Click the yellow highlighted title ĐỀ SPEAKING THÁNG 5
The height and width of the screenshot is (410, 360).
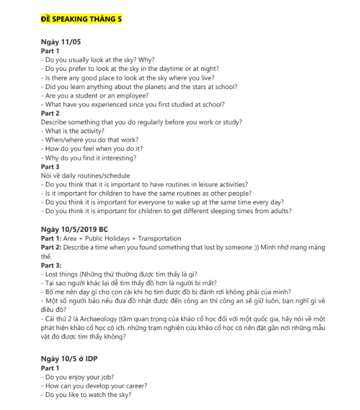[x=81, y=19]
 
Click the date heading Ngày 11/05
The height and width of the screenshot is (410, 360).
[x=61, y=43]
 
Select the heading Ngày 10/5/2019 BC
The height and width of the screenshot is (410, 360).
[x=74, y=229]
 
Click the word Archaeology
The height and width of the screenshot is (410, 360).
[x=95, y=318]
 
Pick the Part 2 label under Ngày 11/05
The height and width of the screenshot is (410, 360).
[x=50, y=113]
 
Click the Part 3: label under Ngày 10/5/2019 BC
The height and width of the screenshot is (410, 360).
[x=51, y=265]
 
